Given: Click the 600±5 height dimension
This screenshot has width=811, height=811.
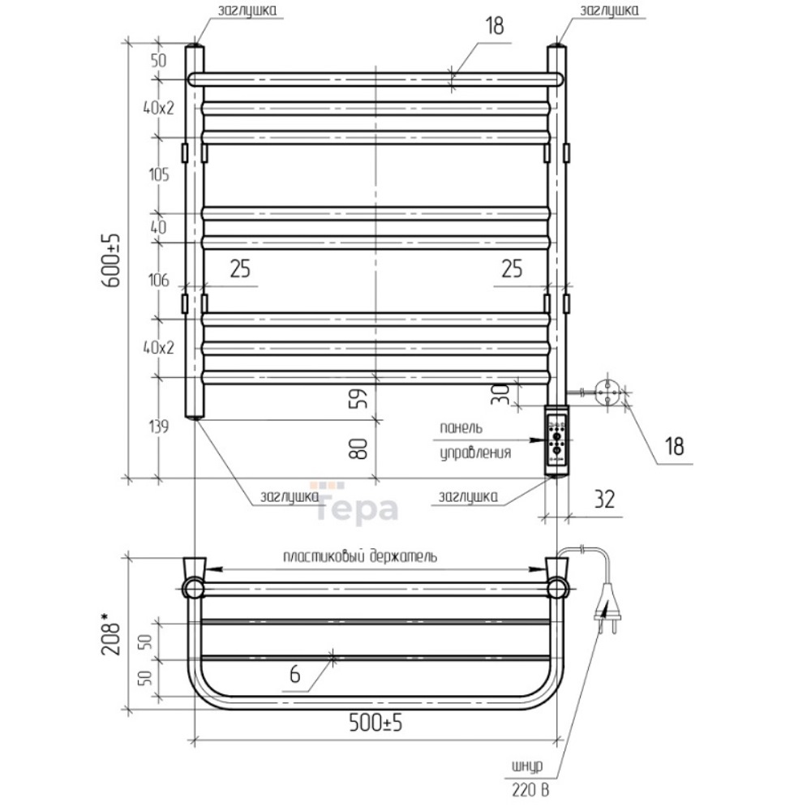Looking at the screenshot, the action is [112, 260].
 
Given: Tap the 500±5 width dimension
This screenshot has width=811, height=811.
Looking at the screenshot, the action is [375, 723].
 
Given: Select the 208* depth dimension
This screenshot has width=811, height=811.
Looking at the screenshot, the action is [112, 634].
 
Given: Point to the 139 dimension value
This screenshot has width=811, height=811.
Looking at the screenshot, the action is [159, 427].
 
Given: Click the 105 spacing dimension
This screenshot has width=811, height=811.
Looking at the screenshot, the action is [159, 175].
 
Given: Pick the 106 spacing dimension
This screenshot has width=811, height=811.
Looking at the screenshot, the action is [159, 281].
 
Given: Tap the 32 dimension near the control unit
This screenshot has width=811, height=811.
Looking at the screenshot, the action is [604, 499].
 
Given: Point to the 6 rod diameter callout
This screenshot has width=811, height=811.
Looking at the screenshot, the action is [295, 675].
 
